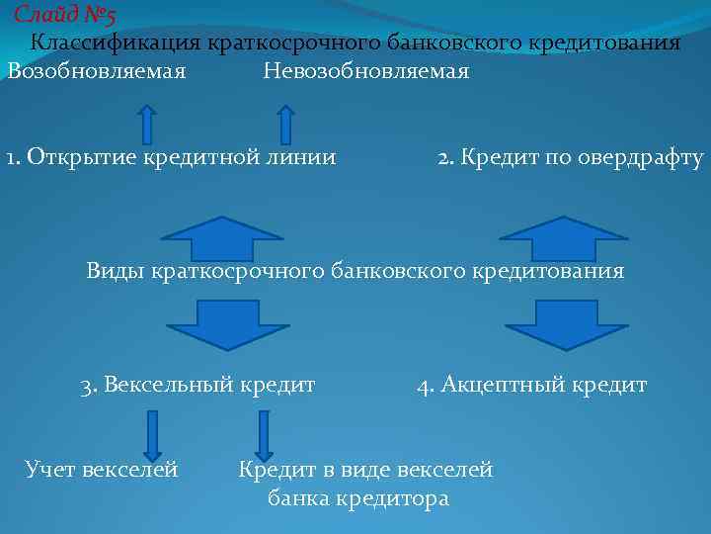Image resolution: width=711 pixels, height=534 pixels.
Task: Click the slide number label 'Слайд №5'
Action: (x=65, y=15)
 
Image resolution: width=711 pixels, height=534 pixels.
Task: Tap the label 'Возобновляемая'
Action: (x=97, y=72)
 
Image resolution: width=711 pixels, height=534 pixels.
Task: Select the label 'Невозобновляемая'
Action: (x=366, y=72)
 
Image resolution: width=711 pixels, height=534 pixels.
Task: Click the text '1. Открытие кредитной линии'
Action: (x=171, y=157)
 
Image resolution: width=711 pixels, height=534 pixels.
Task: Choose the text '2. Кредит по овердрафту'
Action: (x=571, y=157)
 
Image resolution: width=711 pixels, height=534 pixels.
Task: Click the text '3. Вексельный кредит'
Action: (x=198, y=385)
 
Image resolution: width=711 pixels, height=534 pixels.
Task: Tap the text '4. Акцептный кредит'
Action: (x=532, y=385)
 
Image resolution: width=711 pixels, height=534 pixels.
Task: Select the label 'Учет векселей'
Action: (x=102, y=470)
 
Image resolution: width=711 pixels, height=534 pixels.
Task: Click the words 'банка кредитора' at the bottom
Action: (x=358, y=499)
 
